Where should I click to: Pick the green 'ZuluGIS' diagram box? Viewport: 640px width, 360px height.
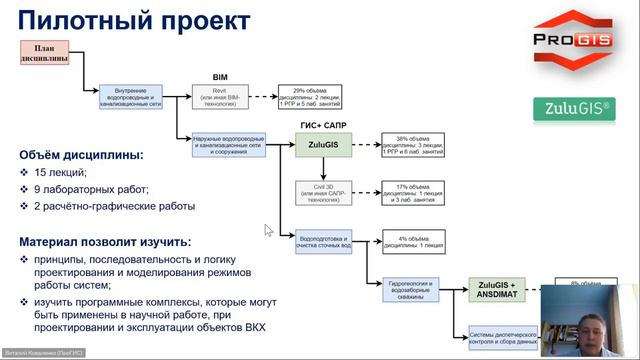coord(322,146)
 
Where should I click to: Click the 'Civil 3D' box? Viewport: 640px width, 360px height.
coord(322,191)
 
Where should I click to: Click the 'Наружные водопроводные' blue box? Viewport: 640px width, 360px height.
coord(229,146)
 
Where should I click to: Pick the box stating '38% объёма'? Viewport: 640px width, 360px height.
coord(411,146)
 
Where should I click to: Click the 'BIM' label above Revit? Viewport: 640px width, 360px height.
coord(221,76)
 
